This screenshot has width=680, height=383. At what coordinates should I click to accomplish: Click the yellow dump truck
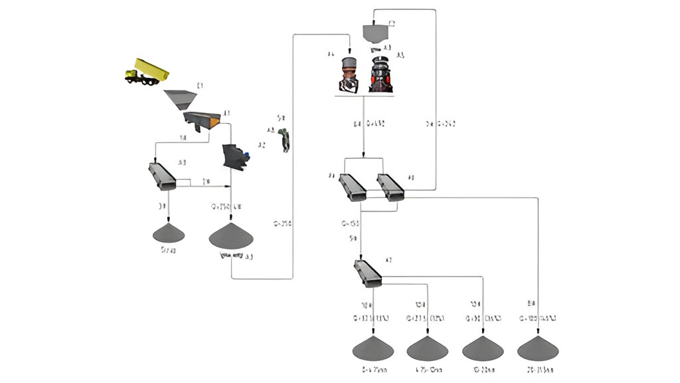pyautogui.click(x=147, y=71)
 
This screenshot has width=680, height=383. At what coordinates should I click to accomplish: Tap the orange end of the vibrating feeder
pyautogui.click(x=214, y=122)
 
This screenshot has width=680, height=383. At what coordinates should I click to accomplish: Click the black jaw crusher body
pyautogui.click(x=232, y=156)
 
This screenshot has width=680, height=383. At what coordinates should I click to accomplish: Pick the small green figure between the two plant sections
pyautogui.click(x=285, y=140)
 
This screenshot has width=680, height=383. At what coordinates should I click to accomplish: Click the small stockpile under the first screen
pyautogui.click(x=169, y=233)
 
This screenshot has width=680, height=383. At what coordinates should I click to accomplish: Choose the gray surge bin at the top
pyautogui.click(x=376, y=33)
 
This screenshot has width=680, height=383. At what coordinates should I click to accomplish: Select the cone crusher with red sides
pyautogui.click(x=381, y=75)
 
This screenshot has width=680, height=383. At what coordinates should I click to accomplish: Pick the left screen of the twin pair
pyautogui.click(x=351, y=187)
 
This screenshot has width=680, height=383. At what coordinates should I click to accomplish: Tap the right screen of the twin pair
pyautogui.click(x=390, y=187)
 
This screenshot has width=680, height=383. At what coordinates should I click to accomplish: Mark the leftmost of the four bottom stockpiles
pyautogui.click(x=373, y=348)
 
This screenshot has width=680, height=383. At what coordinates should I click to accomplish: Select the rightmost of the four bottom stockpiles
pyautogui.click(x=538, y=348)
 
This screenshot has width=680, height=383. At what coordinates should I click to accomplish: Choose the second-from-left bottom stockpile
pyautogui.click(x=428, y=348)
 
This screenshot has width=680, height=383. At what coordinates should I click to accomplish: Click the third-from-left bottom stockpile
pyautogui.click(x=483, y=348)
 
